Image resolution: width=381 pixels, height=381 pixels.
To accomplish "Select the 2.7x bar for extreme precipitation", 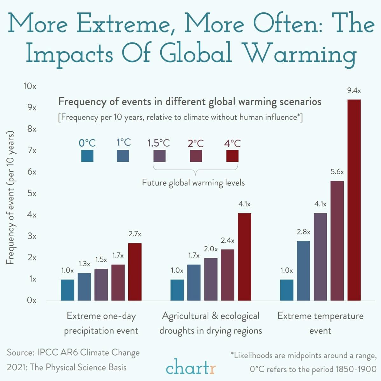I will [x=135, y=272].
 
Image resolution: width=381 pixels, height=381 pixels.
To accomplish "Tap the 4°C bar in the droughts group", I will [x=244, y=257].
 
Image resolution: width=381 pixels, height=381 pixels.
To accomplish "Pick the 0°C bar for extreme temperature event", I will [x=287, y=290].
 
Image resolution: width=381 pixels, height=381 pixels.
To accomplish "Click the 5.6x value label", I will [x=337, y=172].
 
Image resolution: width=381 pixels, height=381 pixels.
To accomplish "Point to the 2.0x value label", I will [x=211, y=249].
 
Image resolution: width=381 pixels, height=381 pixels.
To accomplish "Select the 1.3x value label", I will [x=84, y=264].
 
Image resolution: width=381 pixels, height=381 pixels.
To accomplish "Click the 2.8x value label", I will [x=303, y=232].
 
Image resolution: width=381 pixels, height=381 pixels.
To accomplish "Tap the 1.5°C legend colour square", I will [x=159, y=156].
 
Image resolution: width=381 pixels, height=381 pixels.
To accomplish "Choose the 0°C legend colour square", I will [x=87, y=156].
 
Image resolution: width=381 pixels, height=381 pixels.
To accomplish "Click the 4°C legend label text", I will [x=232, y=143].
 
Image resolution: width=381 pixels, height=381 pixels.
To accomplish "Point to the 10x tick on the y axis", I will [x=30, y=86].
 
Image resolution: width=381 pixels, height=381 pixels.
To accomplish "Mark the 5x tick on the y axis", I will [x=32, y=193].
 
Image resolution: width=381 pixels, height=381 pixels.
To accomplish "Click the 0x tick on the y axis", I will [x=31, y=300].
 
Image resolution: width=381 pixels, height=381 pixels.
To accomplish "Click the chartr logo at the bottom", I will [x=190, y=367].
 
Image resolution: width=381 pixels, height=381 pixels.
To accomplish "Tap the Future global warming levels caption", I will [x=193, y=183].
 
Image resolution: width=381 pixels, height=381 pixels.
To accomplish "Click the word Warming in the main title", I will [x=301, y=53].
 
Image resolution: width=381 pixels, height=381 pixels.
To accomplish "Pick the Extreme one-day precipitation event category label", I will [x=101, y=323].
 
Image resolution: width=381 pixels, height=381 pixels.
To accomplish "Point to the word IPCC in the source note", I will [x=47, y=353].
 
